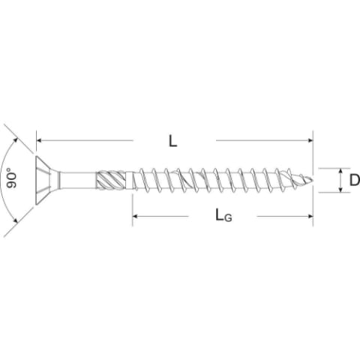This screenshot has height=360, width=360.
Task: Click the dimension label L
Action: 173,141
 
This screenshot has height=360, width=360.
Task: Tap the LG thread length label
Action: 223,215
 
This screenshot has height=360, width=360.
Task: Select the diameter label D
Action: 355,180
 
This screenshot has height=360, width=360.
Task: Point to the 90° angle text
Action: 11,178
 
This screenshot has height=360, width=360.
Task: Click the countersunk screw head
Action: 47,180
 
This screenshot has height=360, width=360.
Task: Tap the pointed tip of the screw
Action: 313,179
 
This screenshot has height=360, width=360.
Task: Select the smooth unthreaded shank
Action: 78,180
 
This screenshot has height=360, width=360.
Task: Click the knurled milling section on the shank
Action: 110,180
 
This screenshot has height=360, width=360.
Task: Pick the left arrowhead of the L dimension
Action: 40,140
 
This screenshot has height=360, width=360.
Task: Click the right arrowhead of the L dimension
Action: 310,140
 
